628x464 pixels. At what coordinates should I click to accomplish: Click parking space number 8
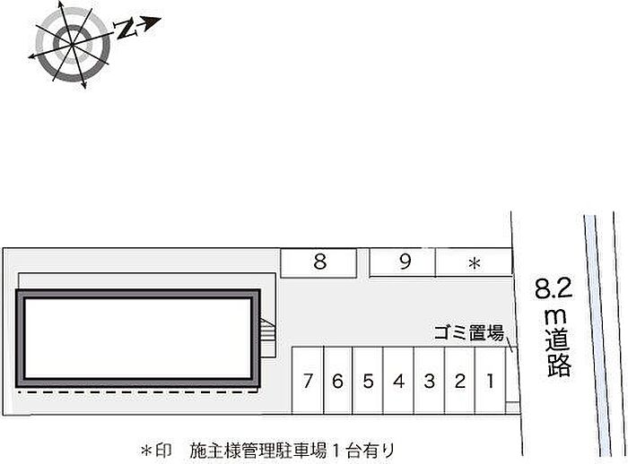pyautogui.click(x=319, y=262)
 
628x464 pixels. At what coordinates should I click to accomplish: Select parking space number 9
pyautogui.click(x=405, y=262)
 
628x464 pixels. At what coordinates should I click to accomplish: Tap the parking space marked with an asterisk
pyautogui.click(x=475, y=263)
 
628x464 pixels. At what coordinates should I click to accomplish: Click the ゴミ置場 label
pyautogui.click(x=468, y=333)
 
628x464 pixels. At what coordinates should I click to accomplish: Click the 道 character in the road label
pyautogui.click(x=555, y=339)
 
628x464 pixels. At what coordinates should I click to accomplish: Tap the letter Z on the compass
pyautogui.click(x=128, y=30)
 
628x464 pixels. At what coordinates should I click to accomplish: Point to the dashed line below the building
pyautogui.click(x=139, y=391)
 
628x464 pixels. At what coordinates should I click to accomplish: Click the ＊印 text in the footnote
pyautogui.click(x=155, y=449)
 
